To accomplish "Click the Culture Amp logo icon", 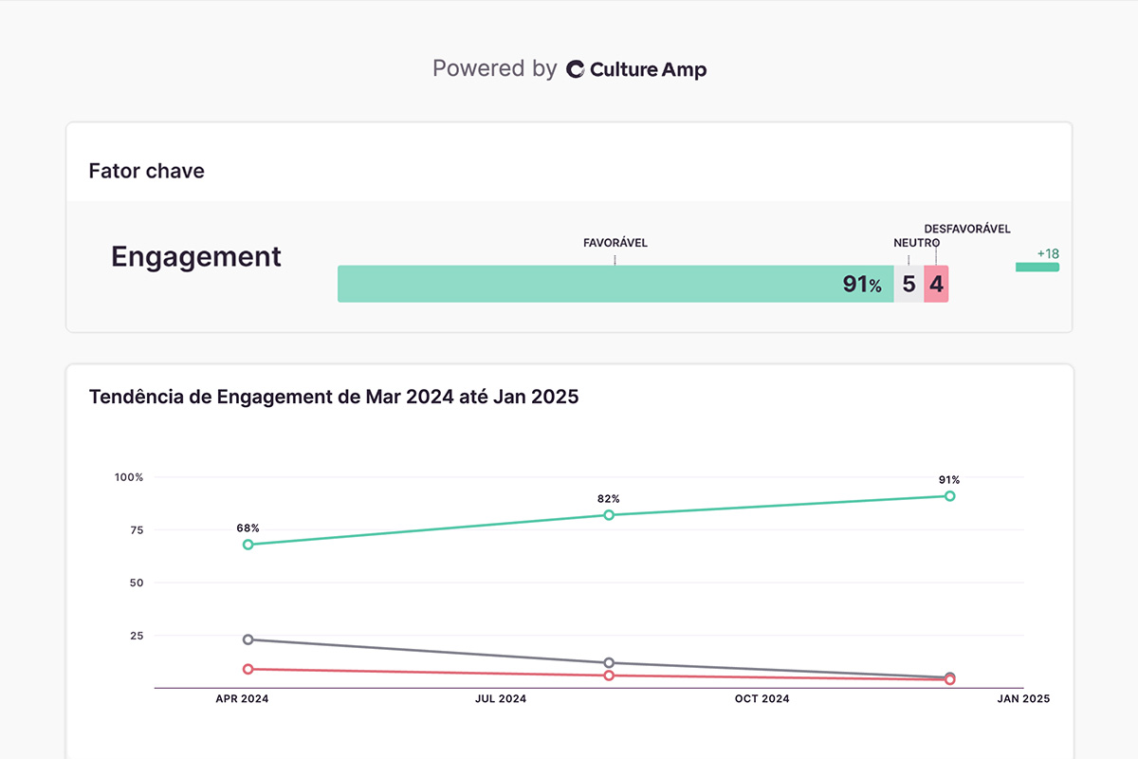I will pos(575,69).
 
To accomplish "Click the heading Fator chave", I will pos(146,171).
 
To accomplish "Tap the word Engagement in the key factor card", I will pos(196,256).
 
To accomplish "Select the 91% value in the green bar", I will pos(861,284).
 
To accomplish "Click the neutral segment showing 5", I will pos(909,284).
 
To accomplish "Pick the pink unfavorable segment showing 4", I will pos(936,284).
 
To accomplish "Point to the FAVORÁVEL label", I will pos(615,243).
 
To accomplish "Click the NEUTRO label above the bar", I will pos(916,243).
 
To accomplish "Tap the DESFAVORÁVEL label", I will pos(966,229).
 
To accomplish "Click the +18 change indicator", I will pos(1047,254).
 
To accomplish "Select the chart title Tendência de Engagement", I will pos(333,397).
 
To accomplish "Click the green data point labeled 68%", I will pos(248,545).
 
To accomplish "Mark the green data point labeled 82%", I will pos(609,515).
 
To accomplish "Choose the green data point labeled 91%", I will pos(949,496).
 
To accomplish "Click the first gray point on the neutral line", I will pos(248,639).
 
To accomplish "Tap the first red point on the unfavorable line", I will pos(248,669).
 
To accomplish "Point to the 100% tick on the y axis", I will pos(128,477).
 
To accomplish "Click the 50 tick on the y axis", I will pos(136,583).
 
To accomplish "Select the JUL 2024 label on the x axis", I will pos(500,699).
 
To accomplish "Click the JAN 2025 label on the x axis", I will pos(1022,699).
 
